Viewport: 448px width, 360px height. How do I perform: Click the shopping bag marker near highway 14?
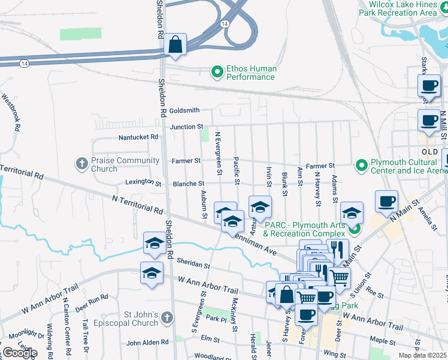175,45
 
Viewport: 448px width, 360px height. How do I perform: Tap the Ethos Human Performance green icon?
217,73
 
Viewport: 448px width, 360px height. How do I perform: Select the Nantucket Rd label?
138,137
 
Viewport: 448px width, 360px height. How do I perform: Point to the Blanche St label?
189,184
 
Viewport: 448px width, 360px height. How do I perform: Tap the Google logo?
19,353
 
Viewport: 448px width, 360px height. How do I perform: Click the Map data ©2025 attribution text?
422,355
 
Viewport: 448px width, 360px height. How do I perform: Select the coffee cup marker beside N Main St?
387,201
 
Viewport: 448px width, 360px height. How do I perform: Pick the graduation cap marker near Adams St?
352,212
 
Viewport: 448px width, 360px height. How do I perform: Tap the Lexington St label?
143,182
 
